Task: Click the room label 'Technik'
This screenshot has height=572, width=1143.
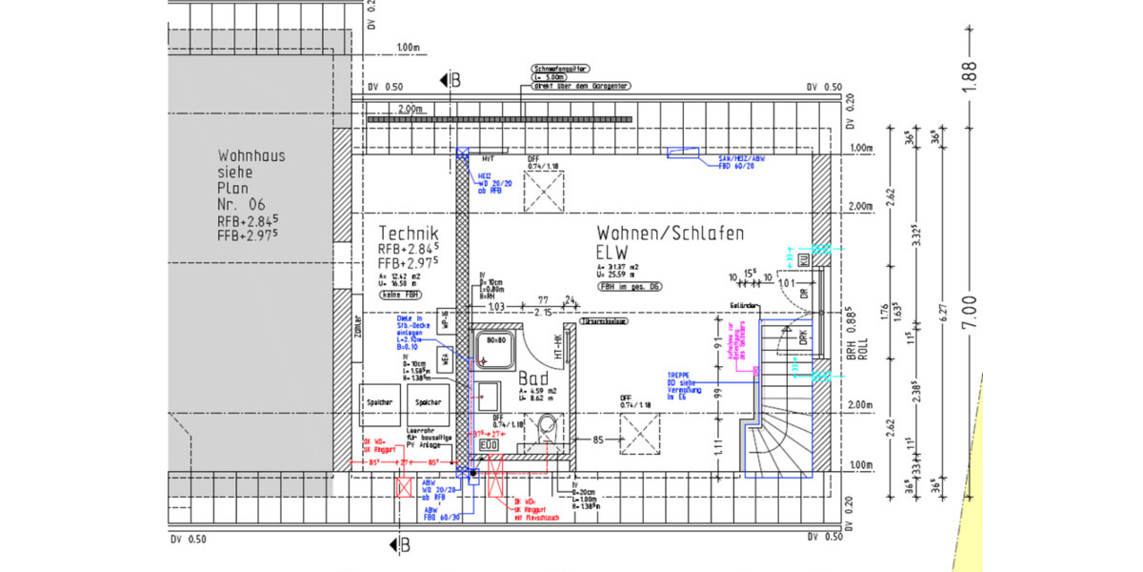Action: (408, 233)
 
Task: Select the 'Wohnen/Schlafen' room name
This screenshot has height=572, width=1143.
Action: (670, 233)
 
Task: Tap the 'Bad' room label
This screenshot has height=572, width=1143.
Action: (532, 378)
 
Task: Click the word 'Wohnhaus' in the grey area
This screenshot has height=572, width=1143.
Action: (251, 155)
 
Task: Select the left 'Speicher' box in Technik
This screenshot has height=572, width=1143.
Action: (379, 402)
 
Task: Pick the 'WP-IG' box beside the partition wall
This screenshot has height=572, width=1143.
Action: (444, 322)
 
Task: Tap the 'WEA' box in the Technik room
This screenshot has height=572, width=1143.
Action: (444, 359)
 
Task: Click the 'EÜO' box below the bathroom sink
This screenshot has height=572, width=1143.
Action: (487, 444)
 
